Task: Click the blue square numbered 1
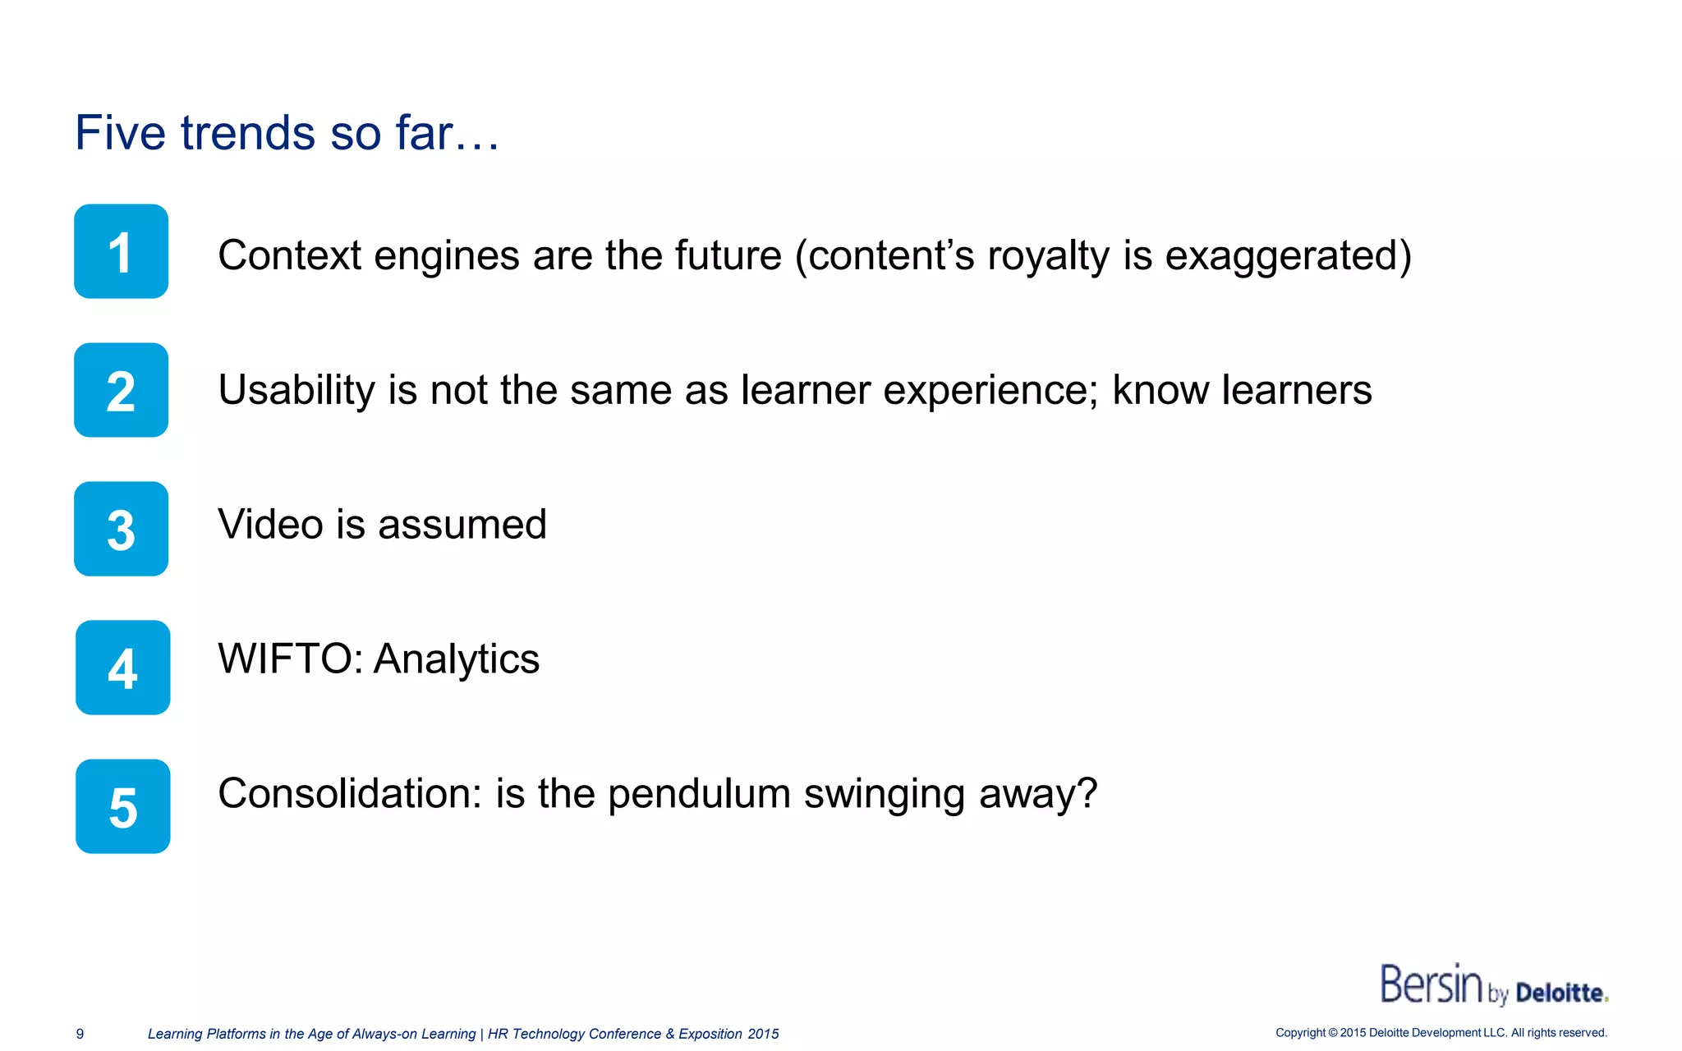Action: click(121, 251)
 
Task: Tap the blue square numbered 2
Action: click(121, 390)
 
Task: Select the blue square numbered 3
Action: click(121, 529)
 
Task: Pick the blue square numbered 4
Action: click(122, 668)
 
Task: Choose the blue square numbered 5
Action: click(122, 806)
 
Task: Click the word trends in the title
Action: click(247, 133)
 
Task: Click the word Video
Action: click(270, 525)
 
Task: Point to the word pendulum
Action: click(699, 794)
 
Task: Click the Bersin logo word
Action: click(1431, 984)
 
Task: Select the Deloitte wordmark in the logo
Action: click(1560, 994)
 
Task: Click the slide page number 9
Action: click(80, 1034)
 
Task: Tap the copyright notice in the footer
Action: click(1441, 1033)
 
